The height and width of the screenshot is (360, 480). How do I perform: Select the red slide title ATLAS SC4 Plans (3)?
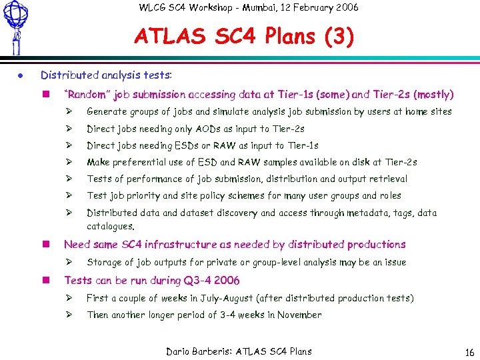[244, 37]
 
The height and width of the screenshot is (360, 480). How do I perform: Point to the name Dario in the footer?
[178, 351]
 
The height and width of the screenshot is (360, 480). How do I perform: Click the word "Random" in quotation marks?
[87, 95]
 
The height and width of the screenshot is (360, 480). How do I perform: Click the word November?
[299, 315]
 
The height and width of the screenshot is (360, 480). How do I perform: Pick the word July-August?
[223, 298]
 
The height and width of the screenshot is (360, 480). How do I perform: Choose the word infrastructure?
[180, 245]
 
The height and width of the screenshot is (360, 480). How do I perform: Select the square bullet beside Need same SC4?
[45, 245]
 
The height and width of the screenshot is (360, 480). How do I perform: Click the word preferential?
[141, 162]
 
